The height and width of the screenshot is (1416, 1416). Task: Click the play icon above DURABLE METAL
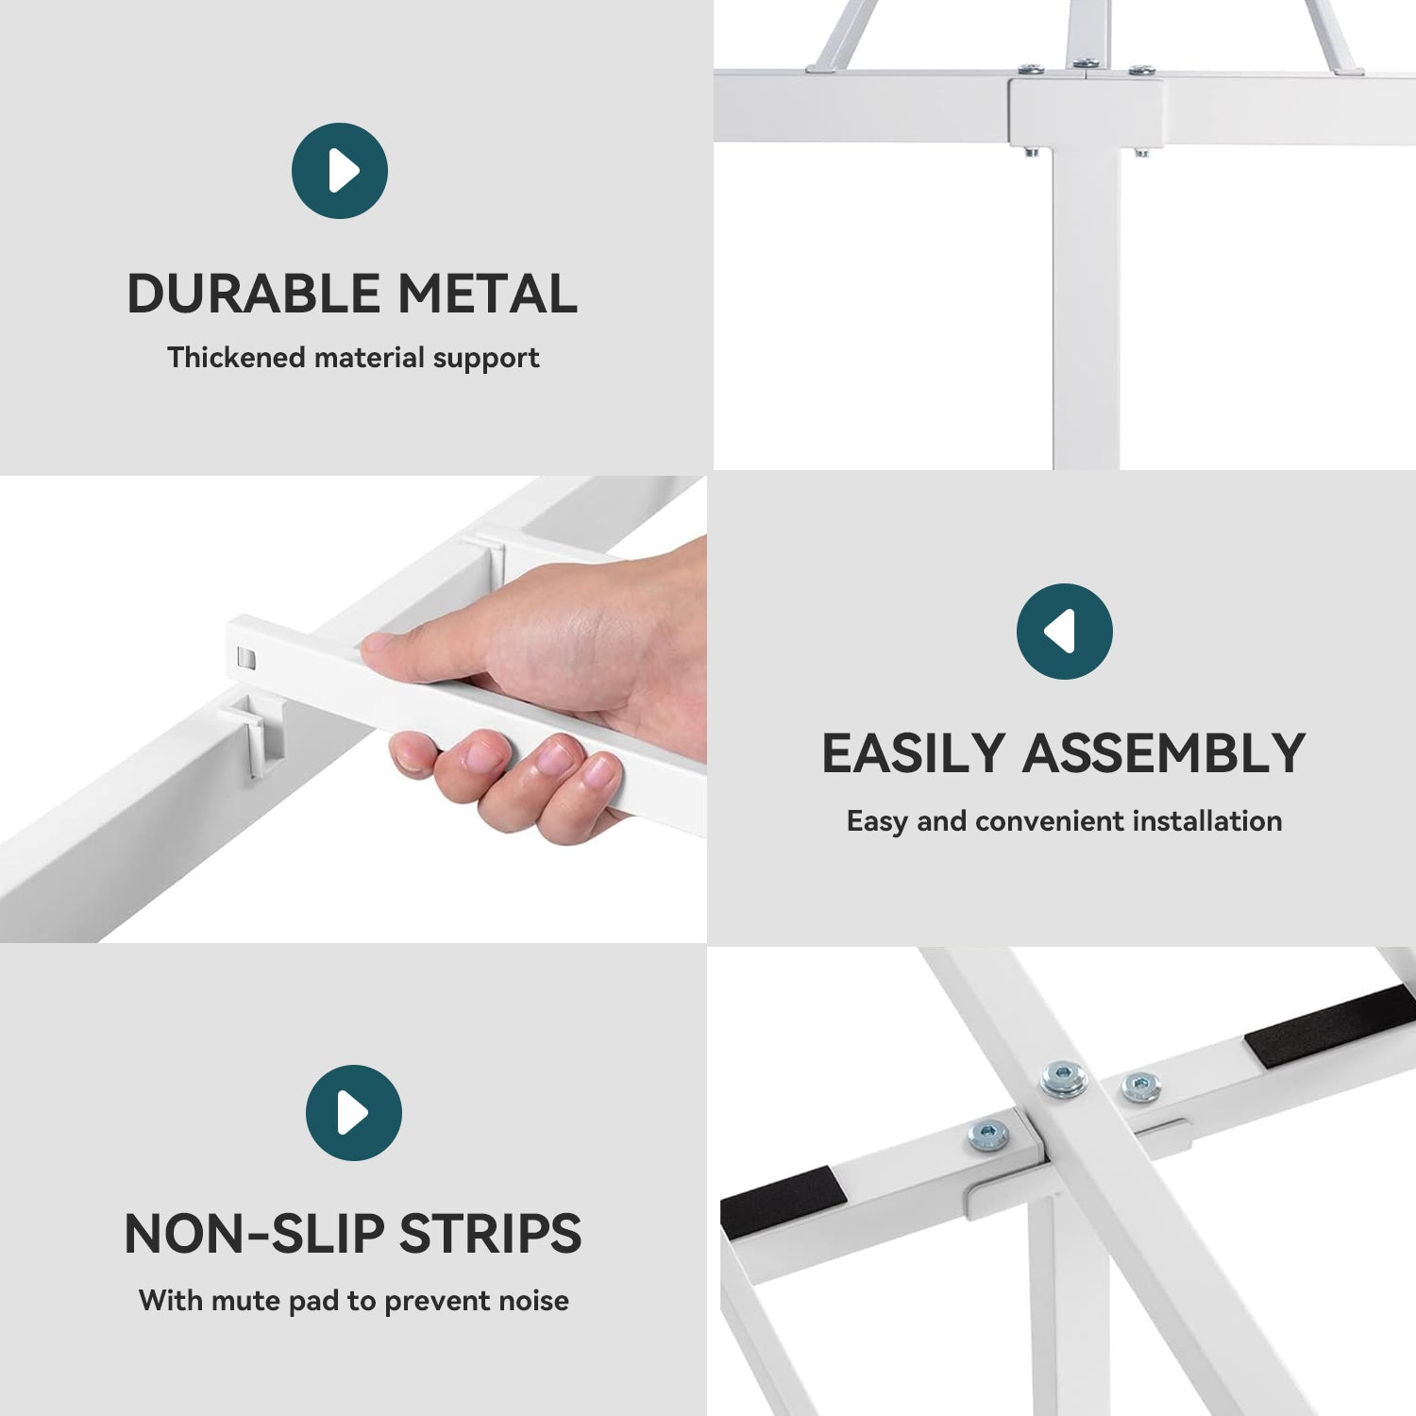(x=340, y=171)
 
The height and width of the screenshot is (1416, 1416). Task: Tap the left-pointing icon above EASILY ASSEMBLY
(x=1065, y=632)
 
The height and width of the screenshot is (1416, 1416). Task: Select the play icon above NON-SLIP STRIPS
(x=354, y=1113)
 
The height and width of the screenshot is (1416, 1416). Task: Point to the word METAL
(x=488, y=294)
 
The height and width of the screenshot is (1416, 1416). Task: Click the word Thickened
(x=236, y=358)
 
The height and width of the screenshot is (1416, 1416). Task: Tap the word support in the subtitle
(x=486, y=360)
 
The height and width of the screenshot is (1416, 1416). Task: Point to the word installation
(x=1206, y=821)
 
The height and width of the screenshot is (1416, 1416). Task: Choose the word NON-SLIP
(x=254, y=1234)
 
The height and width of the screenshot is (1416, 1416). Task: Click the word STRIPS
(x=491, y=1234)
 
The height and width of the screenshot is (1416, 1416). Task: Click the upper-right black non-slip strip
(x=1331, y=1025)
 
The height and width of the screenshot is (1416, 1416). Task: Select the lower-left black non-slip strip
(x=782, y=1203)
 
